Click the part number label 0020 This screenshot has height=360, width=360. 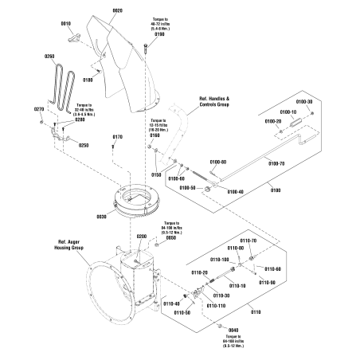[117, 10]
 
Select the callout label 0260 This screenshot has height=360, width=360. [50, 56]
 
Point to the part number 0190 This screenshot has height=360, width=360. [159, 34]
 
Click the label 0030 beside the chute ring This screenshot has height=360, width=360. [102, 217]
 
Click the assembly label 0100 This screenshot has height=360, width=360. [276, 190]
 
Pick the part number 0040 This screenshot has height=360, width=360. [233, 330]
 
